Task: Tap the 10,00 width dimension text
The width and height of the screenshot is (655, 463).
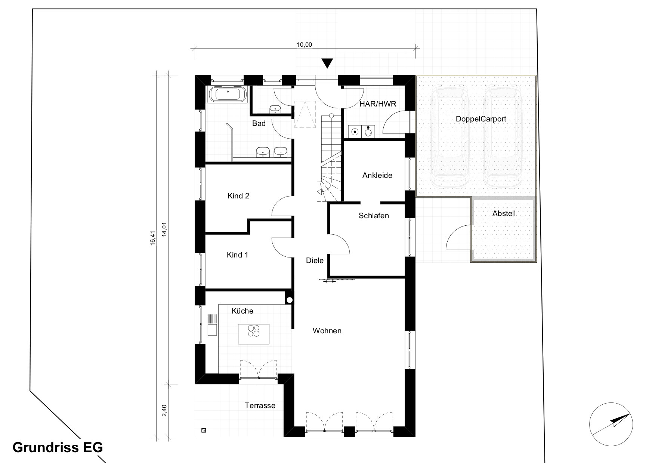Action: point(304,45)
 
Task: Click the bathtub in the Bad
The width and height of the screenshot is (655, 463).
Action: point(228,94)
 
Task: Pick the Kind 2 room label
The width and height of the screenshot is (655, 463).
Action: point(238,196)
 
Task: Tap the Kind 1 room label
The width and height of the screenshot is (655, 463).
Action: point(237,255)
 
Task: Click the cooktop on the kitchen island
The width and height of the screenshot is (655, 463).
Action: point(254,331)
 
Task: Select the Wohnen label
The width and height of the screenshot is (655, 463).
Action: point(327,331)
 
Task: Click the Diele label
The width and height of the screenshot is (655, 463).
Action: point(315,260)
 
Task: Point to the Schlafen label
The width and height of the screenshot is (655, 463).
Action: point(374,216)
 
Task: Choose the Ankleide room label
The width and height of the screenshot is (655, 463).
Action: point(377,175)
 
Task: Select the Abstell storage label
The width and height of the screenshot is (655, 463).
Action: point(504,213)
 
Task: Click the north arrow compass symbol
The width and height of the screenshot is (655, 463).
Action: point(611,424)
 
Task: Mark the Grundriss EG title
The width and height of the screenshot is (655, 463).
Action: point(58,447)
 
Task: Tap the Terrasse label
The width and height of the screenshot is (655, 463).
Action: point(260,405)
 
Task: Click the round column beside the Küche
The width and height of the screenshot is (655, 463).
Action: point(290,300)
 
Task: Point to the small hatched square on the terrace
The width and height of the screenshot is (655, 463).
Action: point(203,430)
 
